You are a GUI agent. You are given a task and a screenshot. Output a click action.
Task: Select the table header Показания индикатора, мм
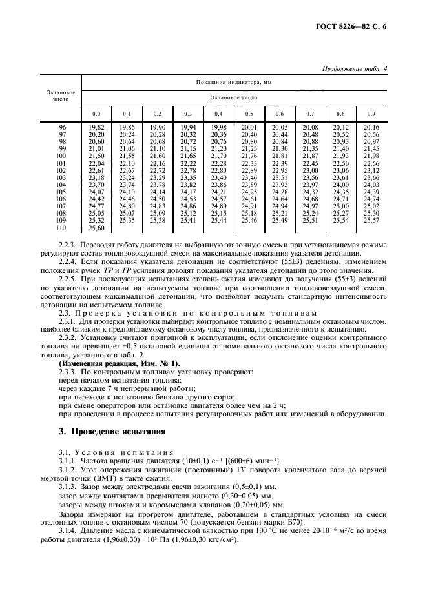point(233,83)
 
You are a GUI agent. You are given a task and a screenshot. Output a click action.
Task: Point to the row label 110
point(62,228)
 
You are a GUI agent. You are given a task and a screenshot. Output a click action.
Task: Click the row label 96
point(63,128)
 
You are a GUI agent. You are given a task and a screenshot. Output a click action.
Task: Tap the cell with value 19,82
point(96,128)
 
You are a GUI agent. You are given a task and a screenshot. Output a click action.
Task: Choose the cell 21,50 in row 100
point(96,156)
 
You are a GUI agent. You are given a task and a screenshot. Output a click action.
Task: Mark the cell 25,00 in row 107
point(341,206)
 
